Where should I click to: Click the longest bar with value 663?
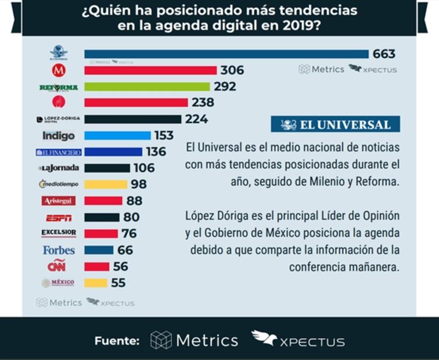(226, 54)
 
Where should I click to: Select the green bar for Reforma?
(147, 87)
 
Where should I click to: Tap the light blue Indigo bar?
(117, 135)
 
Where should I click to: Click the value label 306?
(232, 70)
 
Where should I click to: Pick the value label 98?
(138, 184)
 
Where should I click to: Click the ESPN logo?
(58, 218)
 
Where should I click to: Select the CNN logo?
(56, 266)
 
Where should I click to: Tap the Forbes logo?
(59, 250)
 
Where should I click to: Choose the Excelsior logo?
(59, 233)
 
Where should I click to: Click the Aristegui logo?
(58, 201)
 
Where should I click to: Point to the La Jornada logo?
(59, 168)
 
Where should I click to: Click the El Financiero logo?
(59, 152)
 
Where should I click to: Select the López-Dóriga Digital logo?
(58, 120)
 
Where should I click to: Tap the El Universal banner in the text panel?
(336, 124)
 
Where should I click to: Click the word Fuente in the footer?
(117, 341)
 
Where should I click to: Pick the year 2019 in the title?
(293, 26)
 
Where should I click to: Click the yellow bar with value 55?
(96, 283)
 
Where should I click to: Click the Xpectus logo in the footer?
(298, 339)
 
